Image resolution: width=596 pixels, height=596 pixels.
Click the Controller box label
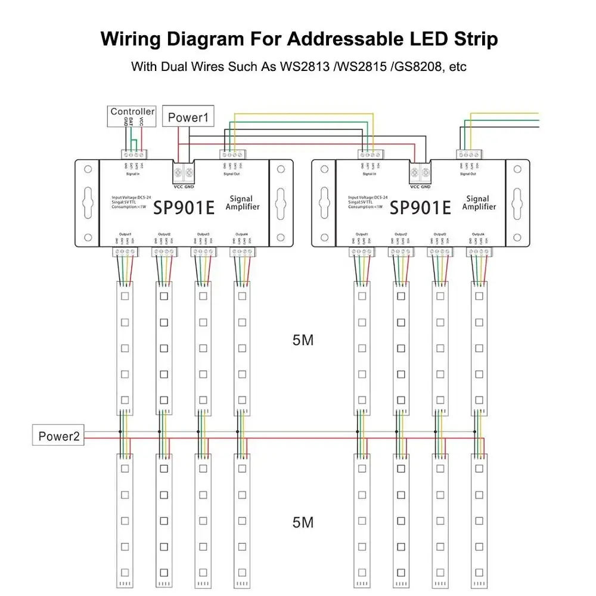pos(132,111)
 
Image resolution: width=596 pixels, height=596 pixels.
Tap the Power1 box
pos(188,117)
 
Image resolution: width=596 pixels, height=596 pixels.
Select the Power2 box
pos(58,436)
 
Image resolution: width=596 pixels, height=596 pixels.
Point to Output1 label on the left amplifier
pos(125,234)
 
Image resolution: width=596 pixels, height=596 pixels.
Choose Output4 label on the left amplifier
pos(241,234)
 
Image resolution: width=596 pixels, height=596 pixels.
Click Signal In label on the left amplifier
pos(133,174)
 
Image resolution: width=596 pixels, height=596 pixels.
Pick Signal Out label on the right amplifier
pos(469,174)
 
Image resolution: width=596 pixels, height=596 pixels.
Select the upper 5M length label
pos(303,340)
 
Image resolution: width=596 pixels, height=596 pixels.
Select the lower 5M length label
pos(303,522)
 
